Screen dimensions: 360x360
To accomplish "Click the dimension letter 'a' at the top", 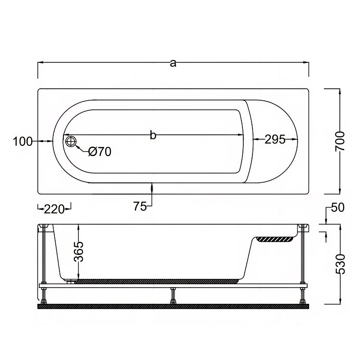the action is (173, 63).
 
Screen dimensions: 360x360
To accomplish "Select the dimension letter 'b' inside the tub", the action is (153, 135).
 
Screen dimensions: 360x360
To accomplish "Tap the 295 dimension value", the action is (275, 139).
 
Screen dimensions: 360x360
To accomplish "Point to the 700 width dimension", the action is (340, 141).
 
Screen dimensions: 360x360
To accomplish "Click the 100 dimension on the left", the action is (23, 142).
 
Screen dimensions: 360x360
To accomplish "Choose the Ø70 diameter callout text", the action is (100, 152).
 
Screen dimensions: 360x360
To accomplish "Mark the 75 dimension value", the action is (140, 206).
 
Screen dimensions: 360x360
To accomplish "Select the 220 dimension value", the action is (54, 209).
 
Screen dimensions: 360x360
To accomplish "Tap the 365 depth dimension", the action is (79, 252).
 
